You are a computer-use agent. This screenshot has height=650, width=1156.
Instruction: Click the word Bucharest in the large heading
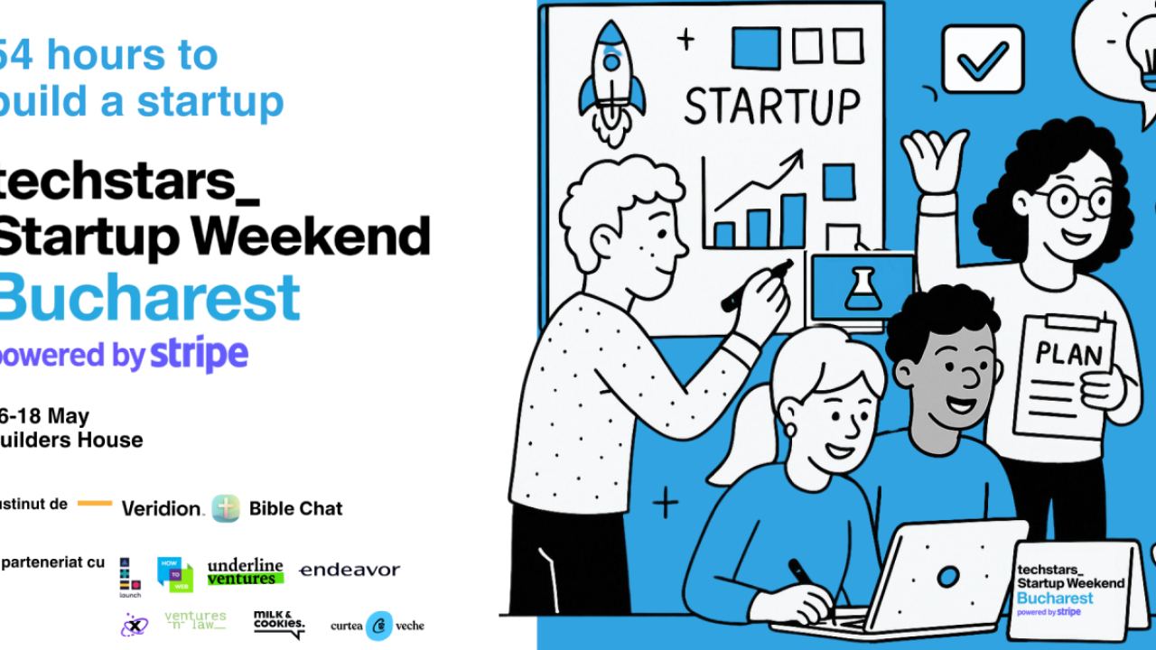pos(149,298)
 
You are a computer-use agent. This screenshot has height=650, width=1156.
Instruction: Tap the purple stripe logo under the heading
pos(199,355)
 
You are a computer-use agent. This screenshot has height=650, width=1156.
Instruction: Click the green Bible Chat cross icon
pos(226,508)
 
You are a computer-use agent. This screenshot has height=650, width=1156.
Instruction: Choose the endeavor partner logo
pos(349,570)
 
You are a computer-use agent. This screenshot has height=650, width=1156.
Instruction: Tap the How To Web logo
pos(174,573)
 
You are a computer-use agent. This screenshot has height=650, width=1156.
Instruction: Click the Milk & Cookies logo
pos(278,623)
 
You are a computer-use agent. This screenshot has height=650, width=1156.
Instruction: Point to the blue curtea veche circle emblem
pos(379,626)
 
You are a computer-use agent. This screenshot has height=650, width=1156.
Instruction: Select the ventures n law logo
pos(195,620)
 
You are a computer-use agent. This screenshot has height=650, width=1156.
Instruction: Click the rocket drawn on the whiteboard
pos(611,81)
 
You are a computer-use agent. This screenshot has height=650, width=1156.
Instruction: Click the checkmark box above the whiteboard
pos(982,60)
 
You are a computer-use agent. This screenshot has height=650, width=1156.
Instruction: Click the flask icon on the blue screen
pos(862,288)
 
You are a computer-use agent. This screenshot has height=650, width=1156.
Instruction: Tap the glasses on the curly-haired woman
pos(1075,201)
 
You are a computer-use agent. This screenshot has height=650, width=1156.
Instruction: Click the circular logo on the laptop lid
pos(947,576)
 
